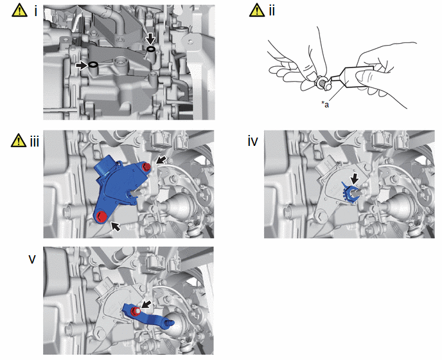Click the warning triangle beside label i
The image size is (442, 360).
(x=19, y=10)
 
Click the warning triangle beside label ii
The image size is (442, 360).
(x=257, y=10)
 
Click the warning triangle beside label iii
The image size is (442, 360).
(x=19, y=140)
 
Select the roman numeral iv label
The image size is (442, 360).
(x=252, y=141)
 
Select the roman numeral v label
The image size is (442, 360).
(x=32, y=259)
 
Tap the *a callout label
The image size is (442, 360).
(x=325, y=104)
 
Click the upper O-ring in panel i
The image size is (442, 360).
(x=151, y=50)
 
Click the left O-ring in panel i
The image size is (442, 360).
(x=93, y=65)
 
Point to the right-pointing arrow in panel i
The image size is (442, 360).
(x=82, y=66)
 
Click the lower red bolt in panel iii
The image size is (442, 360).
(x=101, y=217)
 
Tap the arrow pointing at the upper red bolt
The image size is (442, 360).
(x=161, y=160)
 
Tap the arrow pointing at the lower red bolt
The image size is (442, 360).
(x=115, y=226)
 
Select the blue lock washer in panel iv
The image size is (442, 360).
(x=349, y=193)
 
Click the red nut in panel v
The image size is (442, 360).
(x=136, y=311)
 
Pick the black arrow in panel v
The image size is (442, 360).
(x=146, y=304)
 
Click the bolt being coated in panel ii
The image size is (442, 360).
(x=323, y=84)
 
